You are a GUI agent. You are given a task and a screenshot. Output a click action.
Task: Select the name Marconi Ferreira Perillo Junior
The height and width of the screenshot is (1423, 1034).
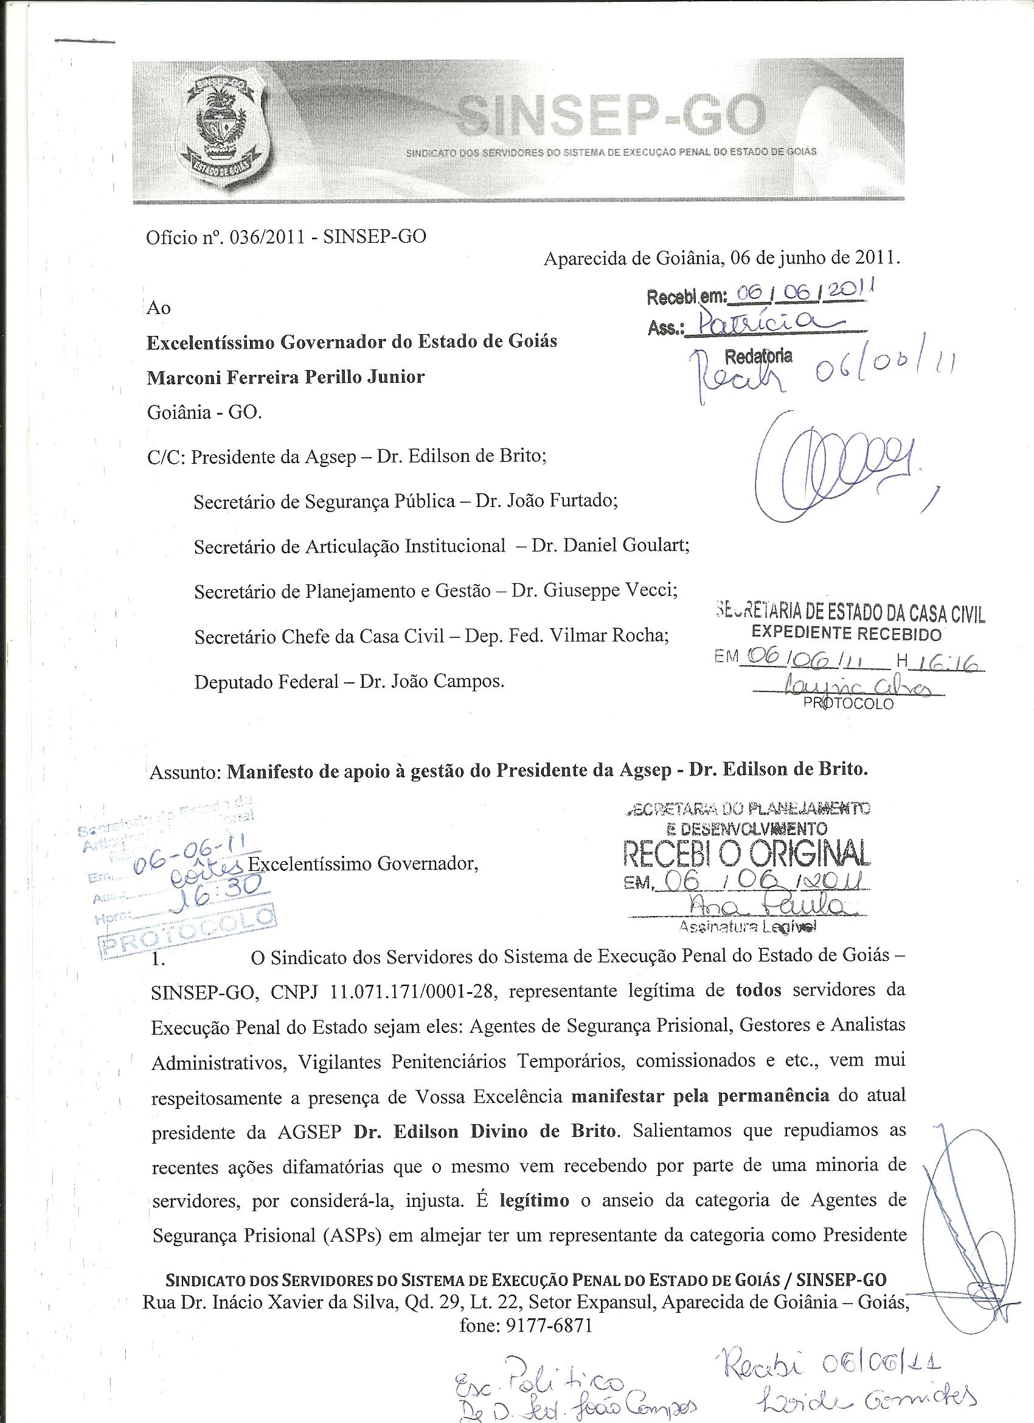285,377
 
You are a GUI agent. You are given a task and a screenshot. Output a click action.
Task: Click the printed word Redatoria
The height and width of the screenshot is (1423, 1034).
758,357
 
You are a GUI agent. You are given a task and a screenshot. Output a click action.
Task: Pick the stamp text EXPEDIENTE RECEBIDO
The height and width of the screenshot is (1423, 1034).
847,634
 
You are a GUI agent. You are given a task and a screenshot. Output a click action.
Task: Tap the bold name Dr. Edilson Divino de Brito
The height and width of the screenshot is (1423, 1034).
487,1132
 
